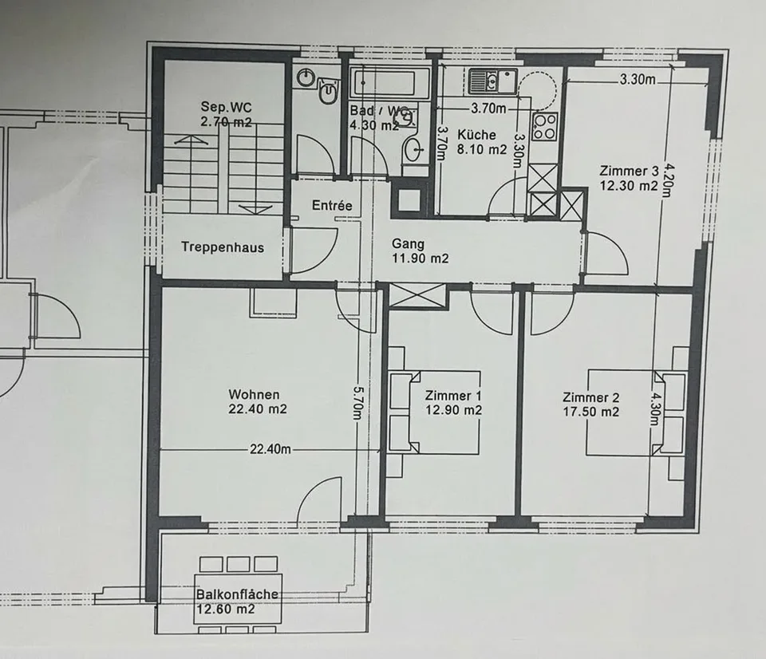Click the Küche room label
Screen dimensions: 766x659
(x=476, y=134)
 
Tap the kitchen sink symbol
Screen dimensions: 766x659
(x=492, y=81)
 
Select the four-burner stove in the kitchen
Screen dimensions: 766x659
(x=545, y=127)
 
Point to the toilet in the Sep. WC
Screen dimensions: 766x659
(x=328, y=92)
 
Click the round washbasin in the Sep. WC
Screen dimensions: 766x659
(x=306, y=77)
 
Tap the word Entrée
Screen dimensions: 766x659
(x=332, y=205)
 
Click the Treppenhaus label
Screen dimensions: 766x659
(x=223, y=247)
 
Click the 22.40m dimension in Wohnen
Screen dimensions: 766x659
(x=270, y=448)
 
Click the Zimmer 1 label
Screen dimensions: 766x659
(x=449, y=395)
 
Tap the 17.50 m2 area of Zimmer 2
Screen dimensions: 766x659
(x=590, y=412)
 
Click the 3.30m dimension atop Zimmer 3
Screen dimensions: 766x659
(x=638, y=79)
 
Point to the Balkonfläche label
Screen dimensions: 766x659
(x=237, y=594)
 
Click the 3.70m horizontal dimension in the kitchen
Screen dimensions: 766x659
(x=488, y=108)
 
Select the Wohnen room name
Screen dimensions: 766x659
(x=254, y=394)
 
